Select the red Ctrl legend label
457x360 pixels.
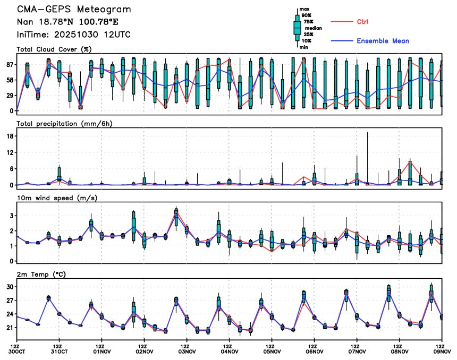(363, 22)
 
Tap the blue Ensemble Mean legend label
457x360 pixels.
(383, 41)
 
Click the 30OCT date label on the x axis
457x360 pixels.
(17, 351)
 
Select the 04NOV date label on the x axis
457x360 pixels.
(229, 351)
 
